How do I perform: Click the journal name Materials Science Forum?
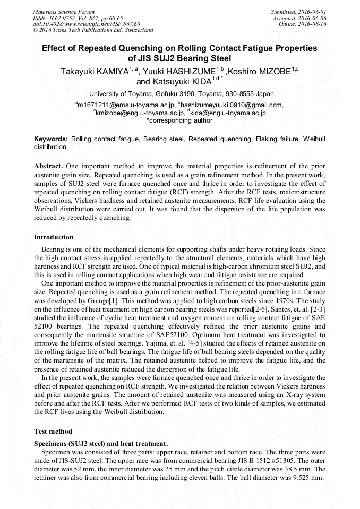click(64, 11)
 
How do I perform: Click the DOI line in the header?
click(86, 24)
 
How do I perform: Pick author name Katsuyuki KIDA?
click(173, 82)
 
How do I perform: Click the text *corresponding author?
click(179, 120)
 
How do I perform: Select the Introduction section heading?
click(54, 237)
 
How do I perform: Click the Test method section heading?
click(53, 431)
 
